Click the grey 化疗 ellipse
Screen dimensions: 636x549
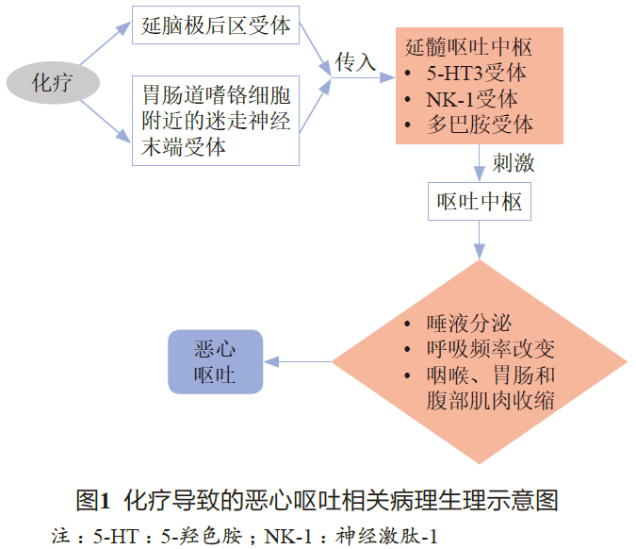tap(53, 83)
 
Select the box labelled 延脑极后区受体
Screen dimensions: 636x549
tap(216, 25)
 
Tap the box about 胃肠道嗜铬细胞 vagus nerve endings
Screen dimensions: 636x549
tap(216, 121)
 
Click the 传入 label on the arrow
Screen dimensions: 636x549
tap(355, 62)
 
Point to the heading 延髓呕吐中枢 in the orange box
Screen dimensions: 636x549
tap(468, 47)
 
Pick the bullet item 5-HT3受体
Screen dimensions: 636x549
tap(476, 73)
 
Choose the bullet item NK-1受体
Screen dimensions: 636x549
tap(472, 99)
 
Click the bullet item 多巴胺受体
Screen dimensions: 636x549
tap(481, 125)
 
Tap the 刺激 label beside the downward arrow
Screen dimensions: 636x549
tap(514, 163)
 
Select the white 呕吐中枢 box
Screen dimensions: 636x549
tap(480, 202)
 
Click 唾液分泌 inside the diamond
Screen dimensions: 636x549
tap(469, 324)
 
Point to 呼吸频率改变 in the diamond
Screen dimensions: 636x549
tap(491, 349)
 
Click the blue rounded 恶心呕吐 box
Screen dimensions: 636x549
tap(216, 362)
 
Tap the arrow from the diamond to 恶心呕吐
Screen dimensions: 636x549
tap(298, 361)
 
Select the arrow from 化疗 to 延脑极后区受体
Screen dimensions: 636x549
tap(105, 43)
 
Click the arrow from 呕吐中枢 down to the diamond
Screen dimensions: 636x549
tap(480, 240)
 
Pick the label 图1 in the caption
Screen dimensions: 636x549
tap(93, 500)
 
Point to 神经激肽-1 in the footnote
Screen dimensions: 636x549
tap(386, 536)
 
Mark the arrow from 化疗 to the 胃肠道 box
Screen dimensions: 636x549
tap(106, 122)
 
